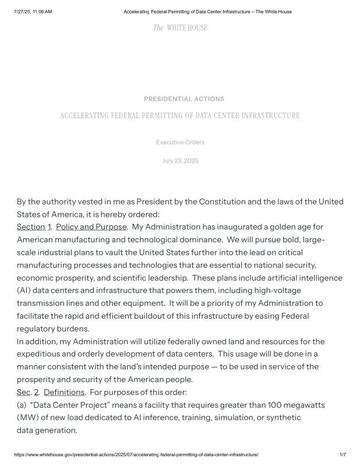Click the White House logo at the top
(180, 28)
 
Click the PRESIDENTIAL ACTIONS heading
(183, 99)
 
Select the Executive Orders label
(180, 142)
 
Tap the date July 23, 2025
(180, 161)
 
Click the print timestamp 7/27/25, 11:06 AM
(33, 12)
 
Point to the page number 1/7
(343, 454)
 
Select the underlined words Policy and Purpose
(91, 227)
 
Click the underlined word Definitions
(64, 392)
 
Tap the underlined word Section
(31, 227)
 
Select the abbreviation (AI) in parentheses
(24, 290)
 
